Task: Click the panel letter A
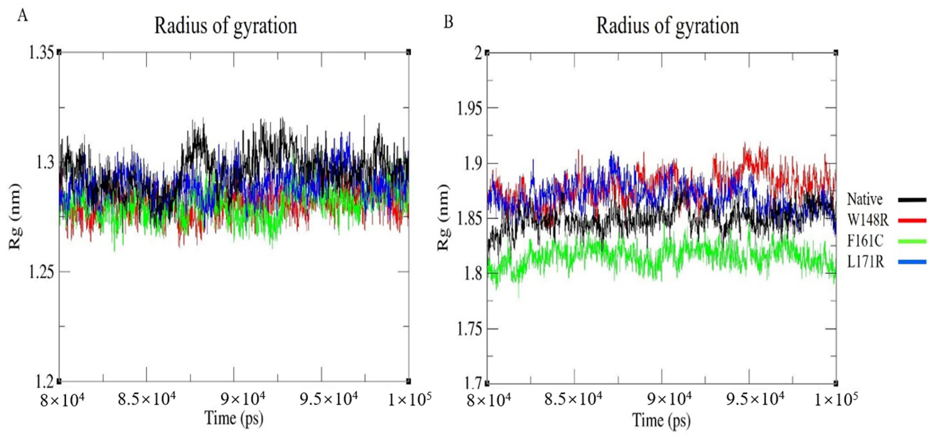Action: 23,16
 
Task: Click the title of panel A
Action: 225,26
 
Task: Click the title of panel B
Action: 667,26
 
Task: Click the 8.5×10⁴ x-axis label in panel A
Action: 146,399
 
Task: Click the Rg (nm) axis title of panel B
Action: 443,218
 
